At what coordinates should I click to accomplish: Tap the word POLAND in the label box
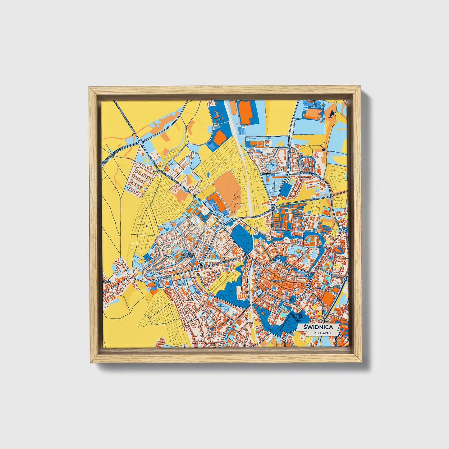point(322,333)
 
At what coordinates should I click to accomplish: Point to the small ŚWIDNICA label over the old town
point(277,281)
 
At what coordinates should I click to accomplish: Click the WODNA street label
point(336,275)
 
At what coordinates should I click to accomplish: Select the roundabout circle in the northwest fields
point(140,142)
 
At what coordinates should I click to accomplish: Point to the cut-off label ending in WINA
point(107,282)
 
